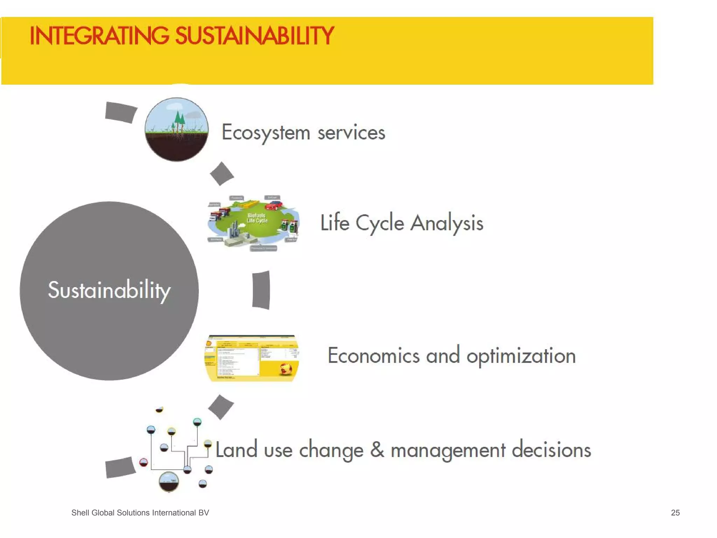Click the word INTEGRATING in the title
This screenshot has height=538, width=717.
(x=99, y=36)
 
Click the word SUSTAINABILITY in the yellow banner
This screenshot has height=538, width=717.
(x=255, y=36)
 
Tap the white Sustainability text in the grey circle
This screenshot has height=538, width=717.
(x=109, y=290)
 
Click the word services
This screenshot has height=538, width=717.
(x=351, y=133)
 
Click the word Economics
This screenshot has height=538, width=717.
(x=374, y=356)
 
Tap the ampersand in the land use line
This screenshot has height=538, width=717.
(x=377, y=449)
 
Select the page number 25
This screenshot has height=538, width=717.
(x=675, y=513)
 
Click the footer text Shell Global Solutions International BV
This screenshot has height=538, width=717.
(x=140, y=513)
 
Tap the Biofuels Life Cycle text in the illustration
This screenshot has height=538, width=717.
(x=257, y=218)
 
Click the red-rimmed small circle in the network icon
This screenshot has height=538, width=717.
(x=144, y=462)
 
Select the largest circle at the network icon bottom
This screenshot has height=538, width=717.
(x=169, y=482)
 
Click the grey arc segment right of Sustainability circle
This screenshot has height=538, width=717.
(x=261, y=290)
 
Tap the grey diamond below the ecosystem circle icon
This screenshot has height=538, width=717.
(x=222, y=173)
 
